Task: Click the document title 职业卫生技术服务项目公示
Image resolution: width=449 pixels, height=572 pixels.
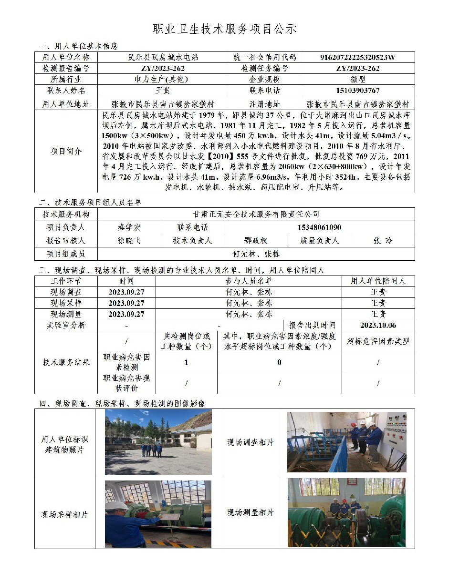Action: click(224, 29)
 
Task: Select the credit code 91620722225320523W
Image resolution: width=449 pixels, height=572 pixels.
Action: click(357, 57)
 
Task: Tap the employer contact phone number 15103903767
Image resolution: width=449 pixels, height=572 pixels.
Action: click(357, 91)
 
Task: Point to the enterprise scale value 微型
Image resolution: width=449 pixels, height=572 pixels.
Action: click(357, 80)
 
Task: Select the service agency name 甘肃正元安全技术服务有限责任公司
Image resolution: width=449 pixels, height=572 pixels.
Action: click(255, 214)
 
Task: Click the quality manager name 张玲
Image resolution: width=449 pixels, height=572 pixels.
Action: click(382, 241)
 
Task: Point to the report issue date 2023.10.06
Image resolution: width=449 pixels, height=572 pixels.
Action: click(378, 325)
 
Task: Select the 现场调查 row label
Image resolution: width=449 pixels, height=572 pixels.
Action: click(66, 292)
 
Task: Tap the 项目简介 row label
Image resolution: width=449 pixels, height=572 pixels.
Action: click(66, 151)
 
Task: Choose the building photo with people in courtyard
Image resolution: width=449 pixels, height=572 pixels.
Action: click(158, 442)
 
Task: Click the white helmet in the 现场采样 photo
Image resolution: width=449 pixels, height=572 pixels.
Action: click(116, 505)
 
